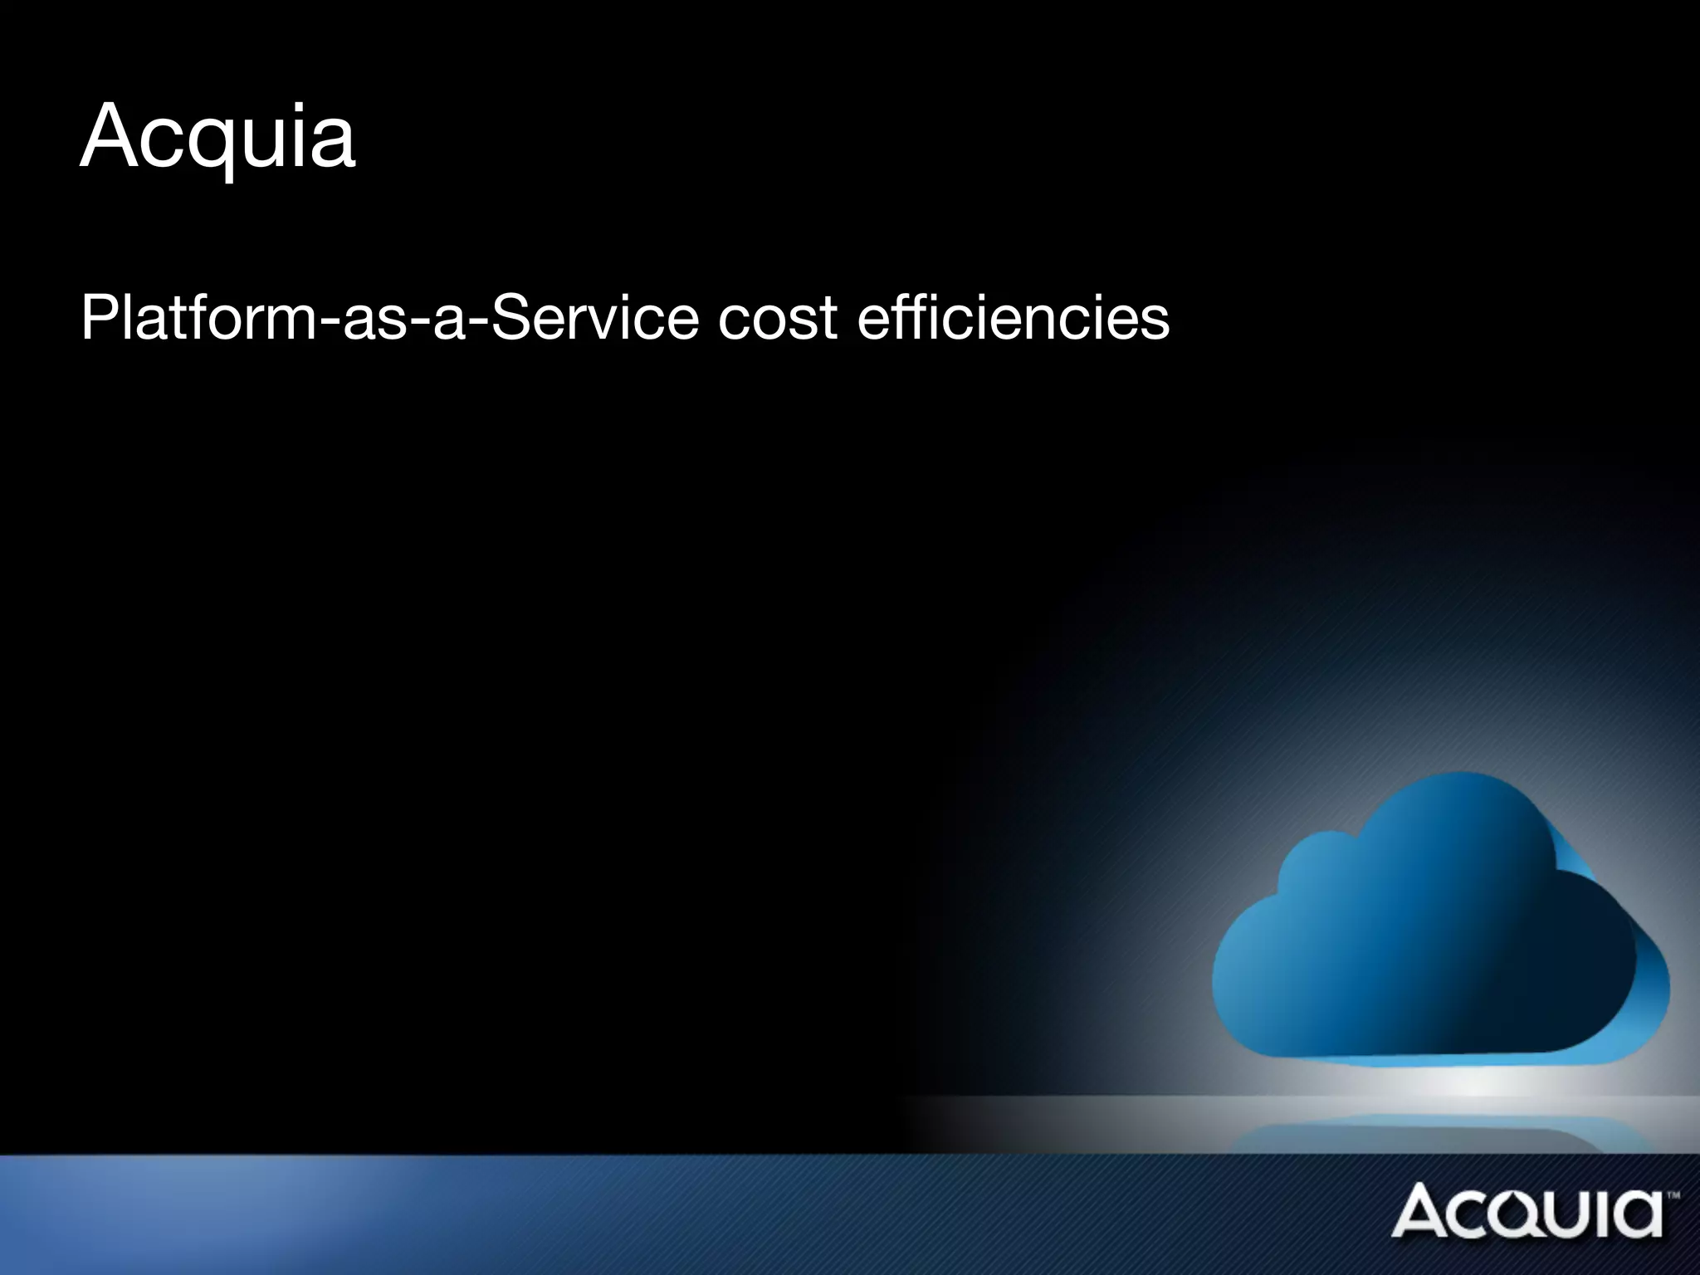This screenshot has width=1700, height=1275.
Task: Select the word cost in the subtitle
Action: pyautogui.click(x=778, y=318)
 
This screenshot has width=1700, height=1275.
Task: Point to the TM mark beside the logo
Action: pyautogui.click(x=1673, y=1195)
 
